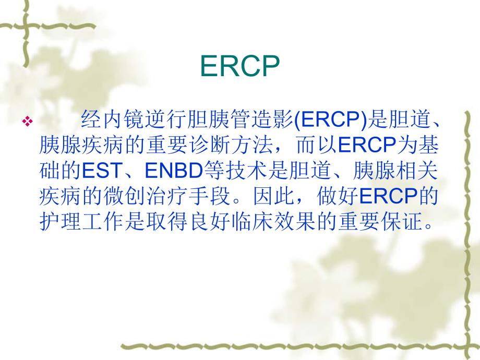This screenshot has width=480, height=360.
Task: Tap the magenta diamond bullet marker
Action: pos(27,122)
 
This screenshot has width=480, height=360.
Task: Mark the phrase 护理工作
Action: pos(79,222)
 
